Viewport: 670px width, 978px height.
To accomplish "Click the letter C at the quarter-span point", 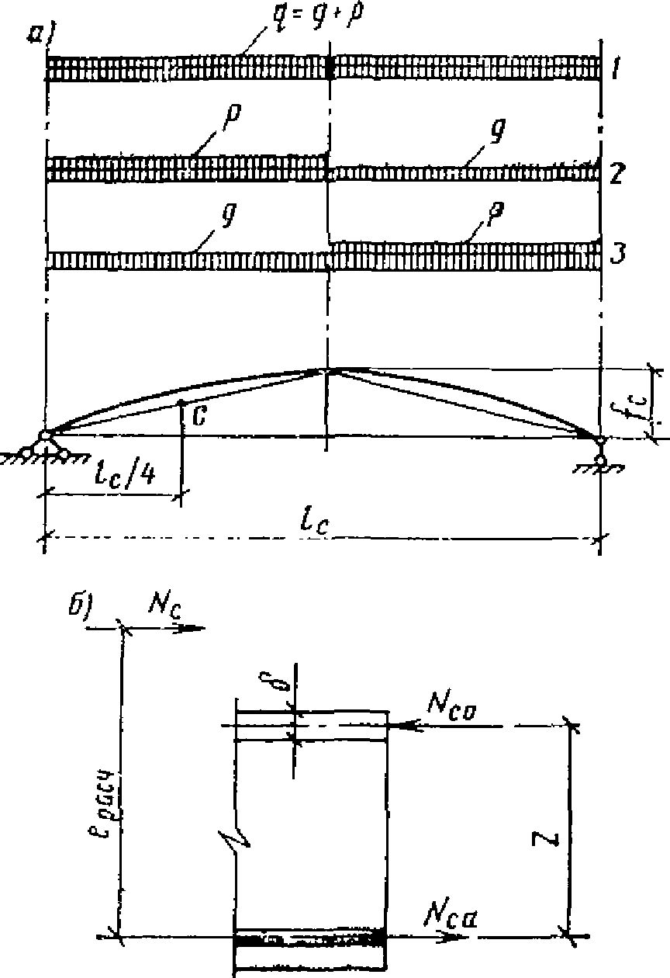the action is tap(199, 417).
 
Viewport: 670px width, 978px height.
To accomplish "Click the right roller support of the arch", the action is tap(601, 454).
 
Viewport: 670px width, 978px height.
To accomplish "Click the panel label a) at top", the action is tap(38, 34).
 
